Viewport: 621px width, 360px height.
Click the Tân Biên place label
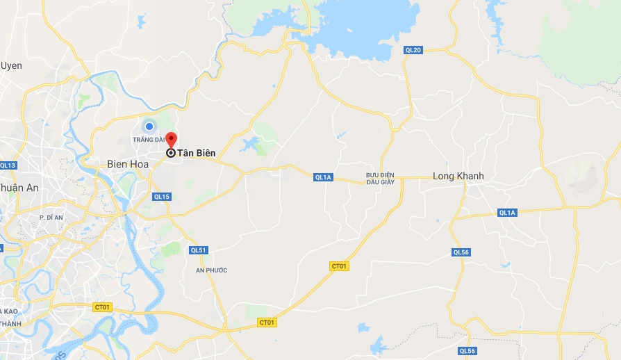click(x=196, y=153)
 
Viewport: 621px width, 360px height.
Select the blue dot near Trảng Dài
click(x=149, y=126)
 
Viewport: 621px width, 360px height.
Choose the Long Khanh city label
click(x=458, y=176)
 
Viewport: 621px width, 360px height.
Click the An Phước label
click(x=211, y=270)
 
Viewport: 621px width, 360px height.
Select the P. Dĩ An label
click(x=51, y=218)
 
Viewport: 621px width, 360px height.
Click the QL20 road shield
click(x=413, y=50)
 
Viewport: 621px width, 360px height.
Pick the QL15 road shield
click(x=161, y=197)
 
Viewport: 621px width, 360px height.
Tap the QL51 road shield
click(x=198, y=250)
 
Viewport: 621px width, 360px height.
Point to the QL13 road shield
click(x=7, y=165)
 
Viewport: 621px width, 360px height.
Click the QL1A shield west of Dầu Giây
click(x=323, y=177)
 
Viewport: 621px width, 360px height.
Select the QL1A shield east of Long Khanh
click(x=507, y=213)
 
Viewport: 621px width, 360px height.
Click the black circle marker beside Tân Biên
click(x=171, y=153)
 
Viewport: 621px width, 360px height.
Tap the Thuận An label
click(x=19, y=188)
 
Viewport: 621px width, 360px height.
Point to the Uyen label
click(x=11, y=65)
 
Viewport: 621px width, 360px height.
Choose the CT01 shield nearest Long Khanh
click(x=338, y=266)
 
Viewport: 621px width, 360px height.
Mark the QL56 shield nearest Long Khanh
click(x=461, y=252)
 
